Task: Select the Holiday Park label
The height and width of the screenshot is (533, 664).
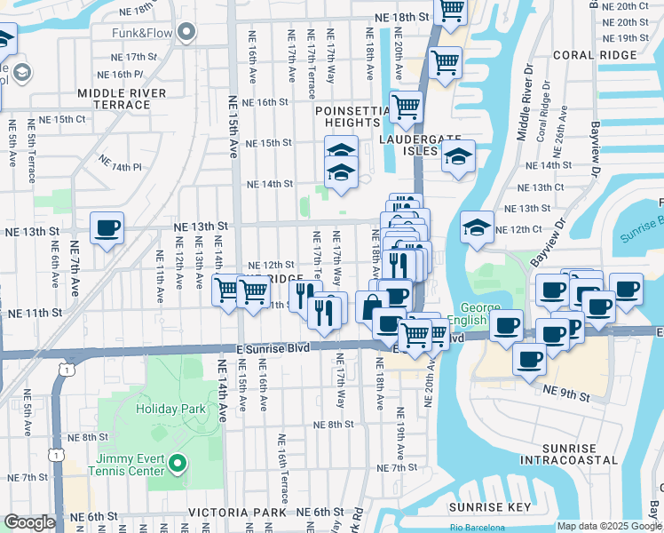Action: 170,410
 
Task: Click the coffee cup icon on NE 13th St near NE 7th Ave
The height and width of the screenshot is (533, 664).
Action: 107,228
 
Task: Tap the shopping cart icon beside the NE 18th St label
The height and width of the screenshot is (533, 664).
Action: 451,11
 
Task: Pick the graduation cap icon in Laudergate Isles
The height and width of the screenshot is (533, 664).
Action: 457,158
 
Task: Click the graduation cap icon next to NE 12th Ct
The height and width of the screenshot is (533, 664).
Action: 477,227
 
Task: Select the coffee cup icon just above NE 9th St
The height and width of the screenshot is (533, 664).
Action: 530,359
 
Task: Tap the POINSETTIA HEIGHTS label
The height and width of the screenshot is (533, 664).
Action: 352,115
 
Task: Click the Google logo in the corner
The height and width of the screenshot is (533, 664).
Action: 30,522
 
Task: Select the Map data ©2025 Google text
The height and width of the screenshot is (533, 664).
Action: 609,527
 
